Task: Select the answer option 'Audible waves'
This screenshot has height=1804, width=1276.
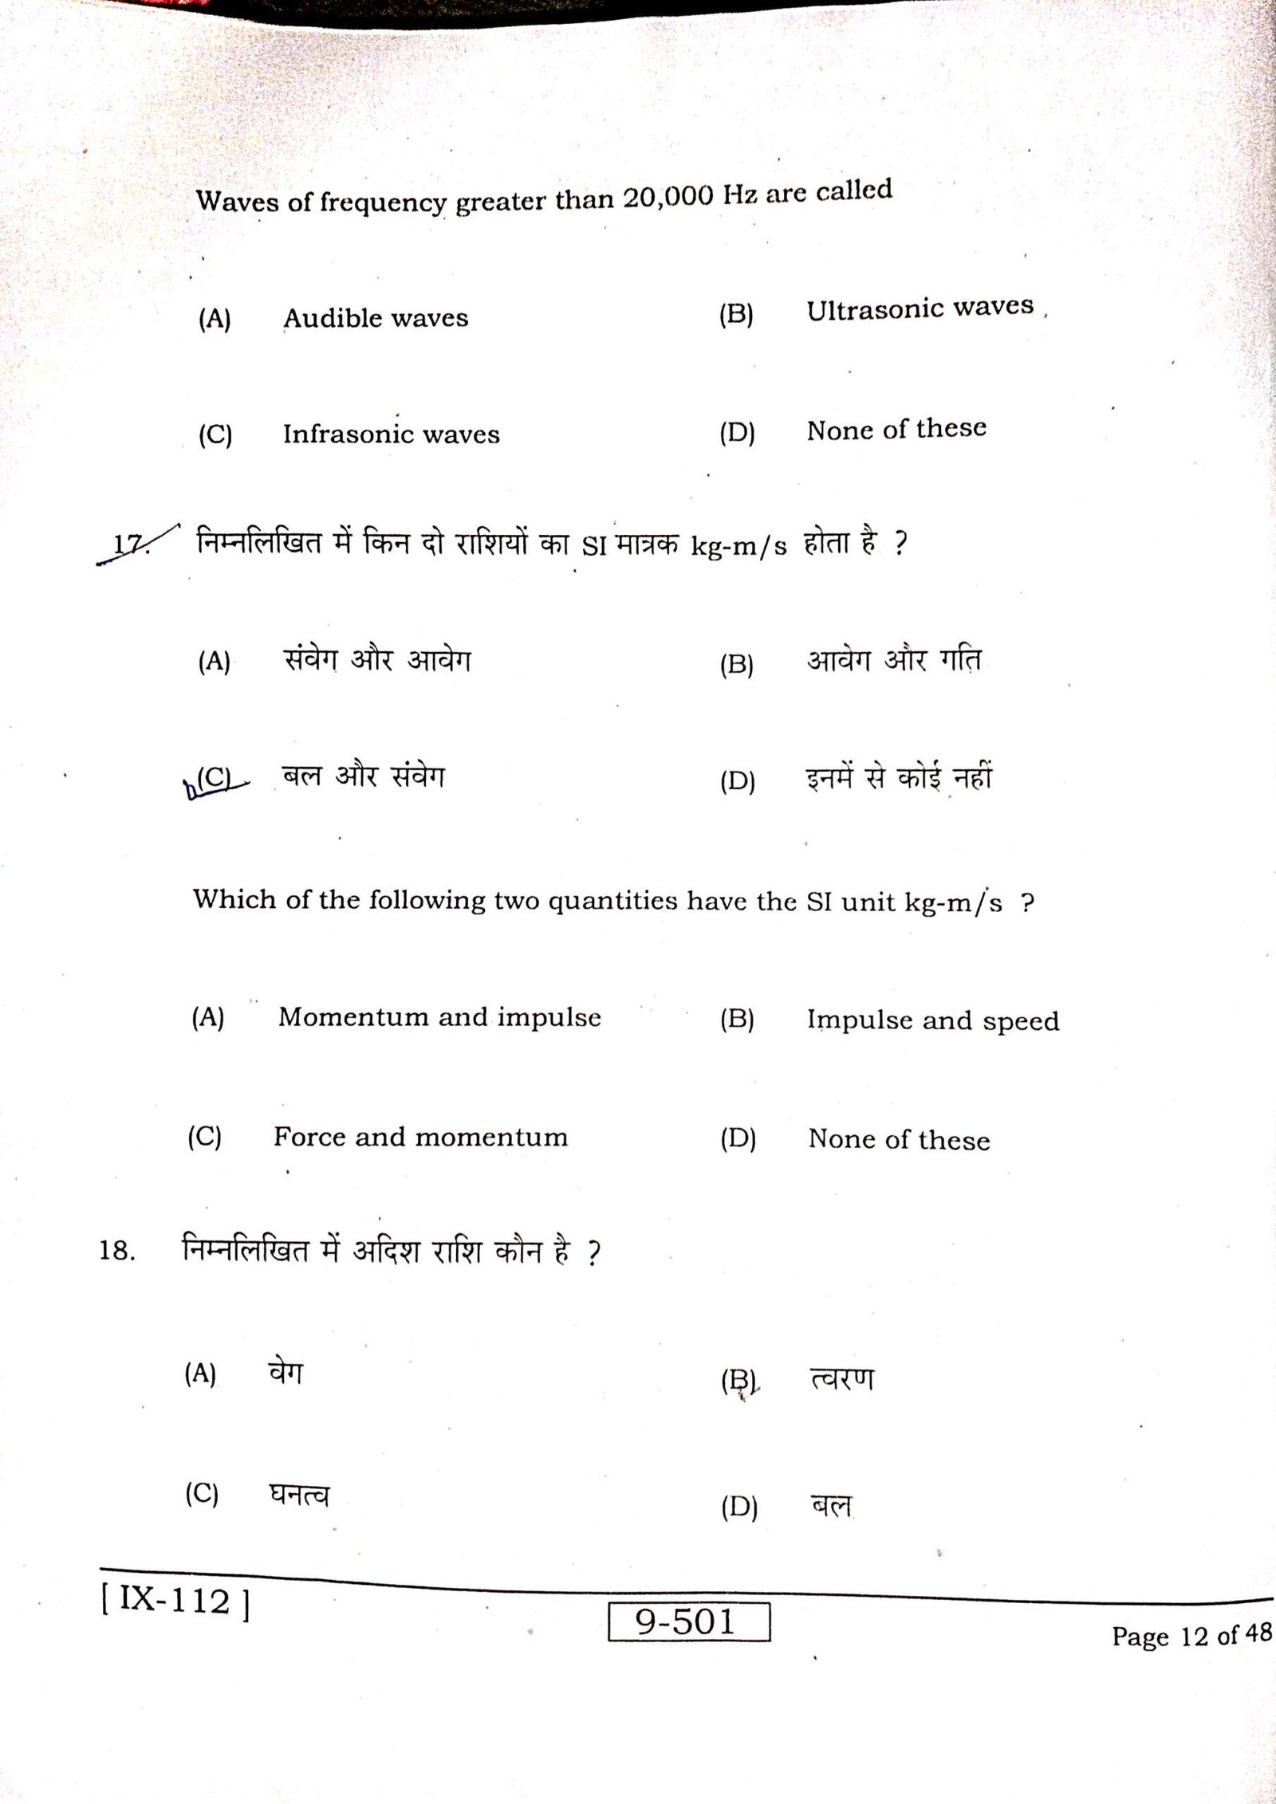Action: click(376, 319)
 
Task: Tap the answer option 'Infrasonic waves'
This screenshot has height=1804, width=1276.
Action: click(391, 434)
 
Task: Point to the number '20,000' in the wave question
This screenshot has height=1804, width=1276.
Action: click(668, 196)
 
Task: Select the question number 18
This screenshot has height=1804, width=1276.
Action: click(117, 1251)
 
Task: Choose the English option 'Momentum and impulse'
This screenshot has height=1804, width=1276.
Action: click(439, 1017)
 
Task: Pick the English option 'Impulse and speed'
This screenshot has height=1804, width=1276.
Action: click(932, 1021)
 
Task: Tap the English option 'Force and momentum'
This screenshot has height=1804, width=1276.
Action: click(420, 1137)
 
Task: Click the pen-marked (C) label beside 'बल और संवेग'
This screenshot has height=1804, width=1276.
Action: click(213, 777)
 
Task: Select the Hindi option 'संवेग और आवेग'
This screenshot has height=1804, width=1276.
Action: click(377, 661)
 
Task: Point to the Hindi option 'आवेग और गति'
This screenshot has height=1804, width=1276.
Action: click(893, 661)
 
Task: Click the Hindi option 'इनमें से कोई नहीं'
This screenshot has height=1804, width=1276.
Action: click(899, 777)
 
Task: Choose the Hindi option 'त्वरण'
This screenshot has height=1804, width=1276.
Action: click(841, 1378)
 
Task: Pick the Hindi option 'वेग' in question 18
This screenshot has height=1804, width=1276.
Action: click(286, 1373)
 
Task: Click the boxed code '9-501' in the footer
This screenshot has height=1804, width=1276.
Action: click(688, 1621)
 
